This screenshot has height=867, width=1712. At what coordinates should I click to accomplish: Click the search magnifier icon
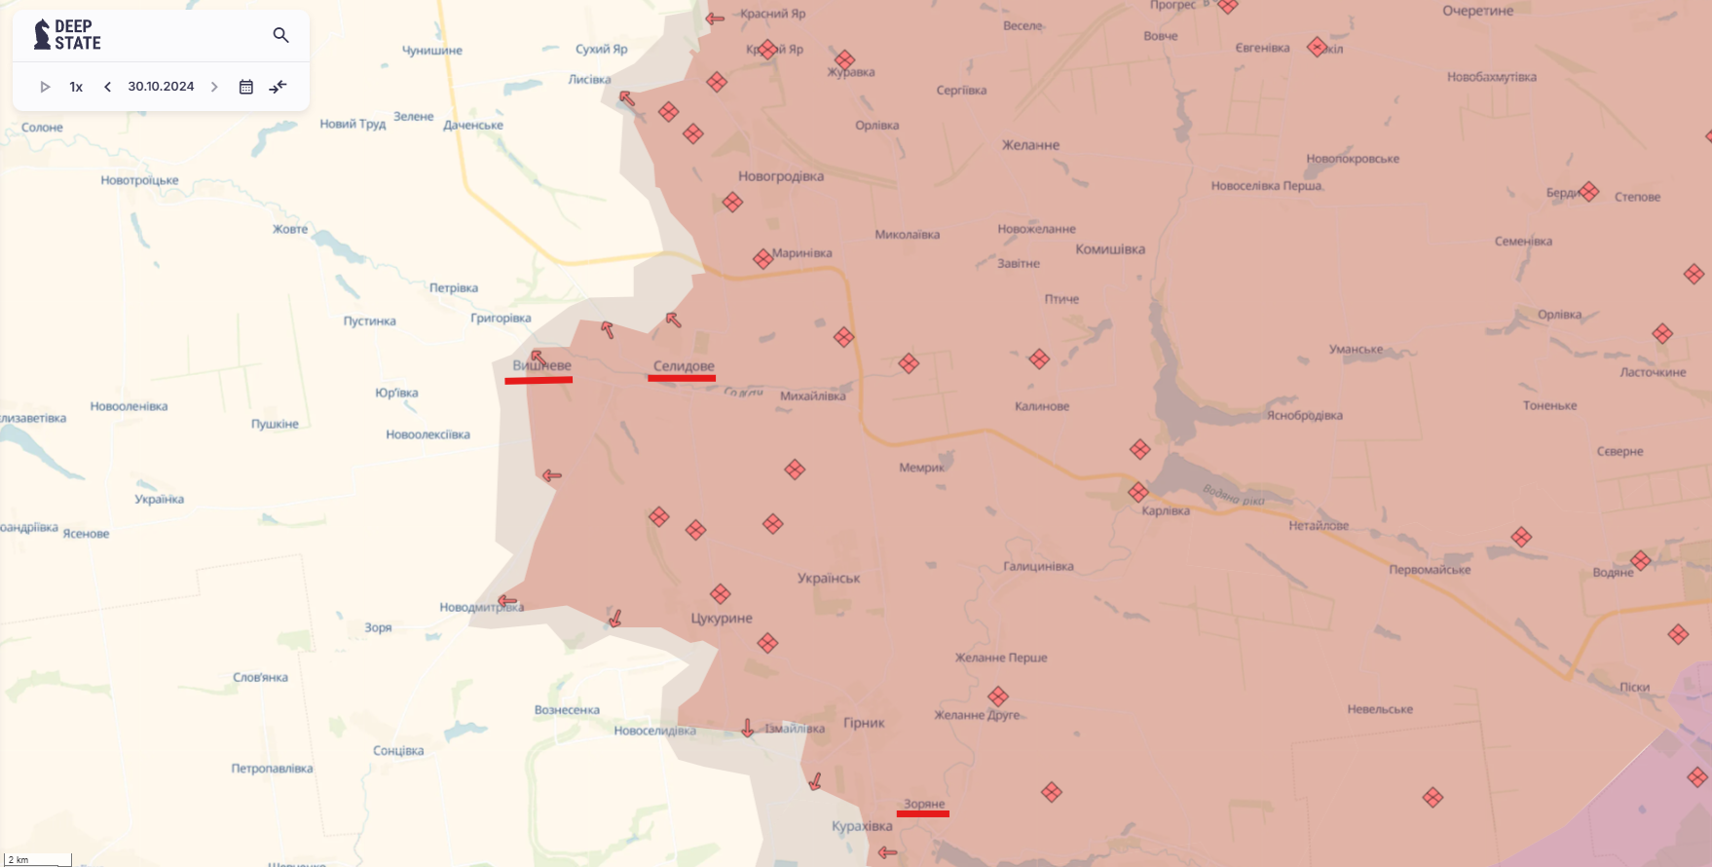[280, 36]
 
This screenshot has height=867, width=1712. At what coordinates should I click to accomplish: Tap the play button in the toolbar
[45, 87]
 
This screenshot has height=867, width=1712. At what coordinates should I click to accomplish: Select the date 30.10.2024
[161, 87]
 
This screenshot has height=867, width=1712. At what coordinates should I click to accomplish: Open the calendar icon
[246, 87]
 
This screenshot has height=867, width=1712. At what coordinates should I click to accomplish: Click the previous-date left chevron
[107, 87]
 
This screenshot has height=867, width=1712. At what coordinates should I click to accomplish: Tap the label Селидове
[683, 366]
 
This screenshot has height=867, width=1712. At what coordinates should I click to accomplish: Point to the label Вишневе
[542, 365]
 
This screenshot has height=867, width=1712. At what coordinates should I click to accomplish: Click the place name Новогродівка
[780, 176]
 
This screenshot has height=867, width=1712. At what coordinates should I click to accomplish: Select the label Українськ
[829, 578]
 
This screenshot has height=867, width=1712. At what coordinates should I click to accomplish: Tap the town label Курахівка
[862, 826]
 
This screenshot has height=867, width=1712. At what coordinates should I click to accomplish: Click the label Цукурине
[722, 618]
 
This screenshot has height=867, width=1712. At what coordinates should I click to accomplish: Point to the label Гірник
[864, 723]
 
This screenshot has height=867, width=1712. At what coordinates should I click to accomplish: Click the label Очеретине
[1477, 11]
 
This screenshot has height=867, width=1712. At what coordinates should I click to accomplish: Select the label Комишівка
[1109, 249]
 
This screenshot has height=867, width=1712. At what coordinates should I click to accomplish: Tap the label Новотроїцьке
[139, 180]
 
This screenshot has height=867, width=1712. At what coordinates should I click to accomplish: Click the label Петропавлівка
[272, 769]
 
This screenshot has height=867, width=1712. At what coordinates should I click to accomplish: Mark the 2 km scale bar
[38, 860]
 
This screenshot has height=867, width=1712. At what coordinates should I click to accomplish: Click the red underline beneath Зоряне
[922, 813]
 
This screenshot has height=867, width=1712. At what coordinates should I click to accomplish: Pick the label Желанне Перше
[1001, 658]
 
